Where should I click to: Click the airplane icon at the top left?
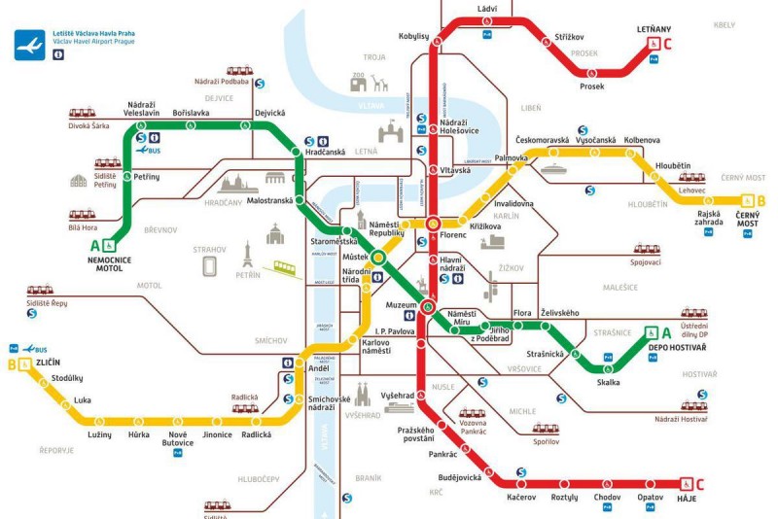pyautogui.click(x=29, y=44)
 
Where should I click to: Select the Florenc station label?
pyautogui.click(x=454, y=235)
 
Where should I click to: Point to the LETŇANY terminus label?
pyautogui.click(x=654, y=29)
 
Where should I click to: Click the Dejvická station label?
pyautogui.click(x=268, y=113)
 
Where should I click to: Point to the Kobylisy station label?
pyautogui.click(x=413, y=36)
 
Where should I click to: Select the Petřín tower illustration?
pyautogui.click(x=248, y=256)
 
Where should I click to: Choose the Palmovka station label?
pyautogui.click(x=511, y=156)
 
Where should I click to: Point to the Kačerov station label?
pyautogui.click(x=521, y=497)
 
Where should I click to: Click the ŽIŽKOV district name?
pyautogui.click(x=512, y=267)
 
